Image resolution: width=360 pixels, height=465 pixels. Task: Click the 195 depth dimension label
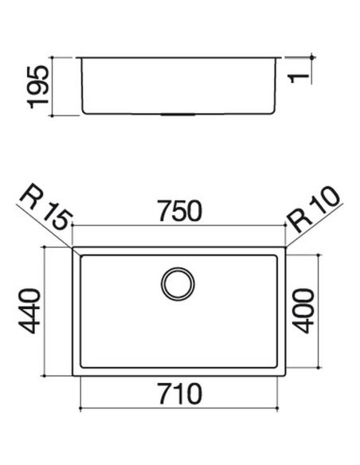(x=37, y=87)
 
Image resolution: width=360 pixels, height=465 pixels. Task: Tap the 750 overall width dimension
(x=180, y=211)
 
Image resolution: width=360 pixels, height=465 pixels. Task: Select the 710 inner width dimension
(x=180, y=394)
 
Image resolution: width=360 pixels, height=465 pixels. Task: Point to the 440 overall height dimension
(x=29, y=311)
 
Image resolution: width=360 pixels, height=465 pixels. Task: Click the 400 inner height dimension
(x=303, y=311)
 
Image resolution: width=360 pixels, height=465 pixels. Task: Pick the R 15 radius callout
(x=46, y=207)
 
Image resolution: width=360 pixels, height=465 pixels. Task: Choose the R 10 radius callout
(x=313, y=209)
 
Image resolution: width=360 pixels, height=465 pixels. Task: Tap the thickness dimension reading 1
(x=299, y=78)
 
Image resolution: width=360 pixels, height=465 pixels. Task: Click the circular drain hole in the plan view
(x=178, y=283)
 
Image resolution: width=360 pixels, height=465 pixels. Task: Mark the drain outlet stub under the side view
(x=178, y=114)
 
